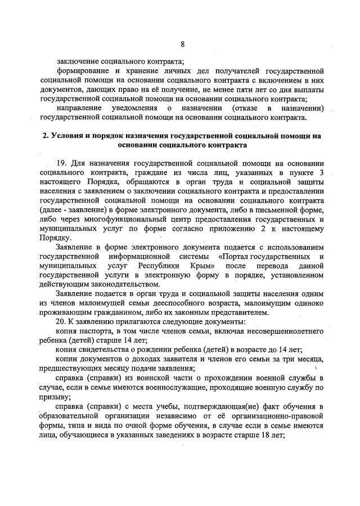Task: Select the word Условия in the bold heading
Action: tap(66, 136)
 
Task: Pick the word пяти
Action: tap(233, 89)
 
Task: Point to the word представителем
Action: tap(240, 313)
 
